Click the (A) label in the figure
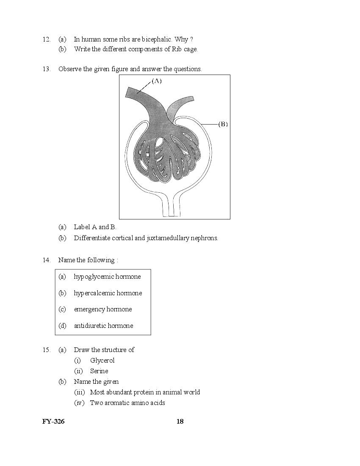(x=156, y=81)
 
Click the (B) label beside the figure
(x=223, y=124)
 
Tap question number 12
(x=46, y=39)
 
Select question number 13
(x=46, y=69)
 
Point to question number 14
(x=46, y=260)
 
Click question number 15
(x=46, y=349)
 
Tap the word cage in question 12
(x=191, y=49)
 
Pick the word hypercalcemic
(x=94, y=293)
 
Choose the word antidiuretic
(x=90, y=326)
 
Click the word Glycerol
(x=102, y=361)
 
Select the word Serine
(x=99, y=371)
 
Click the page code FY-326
(x=53, y=421)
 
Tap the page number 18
(x=180, y=421)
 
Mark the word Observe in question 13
(x=70, y=69)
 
